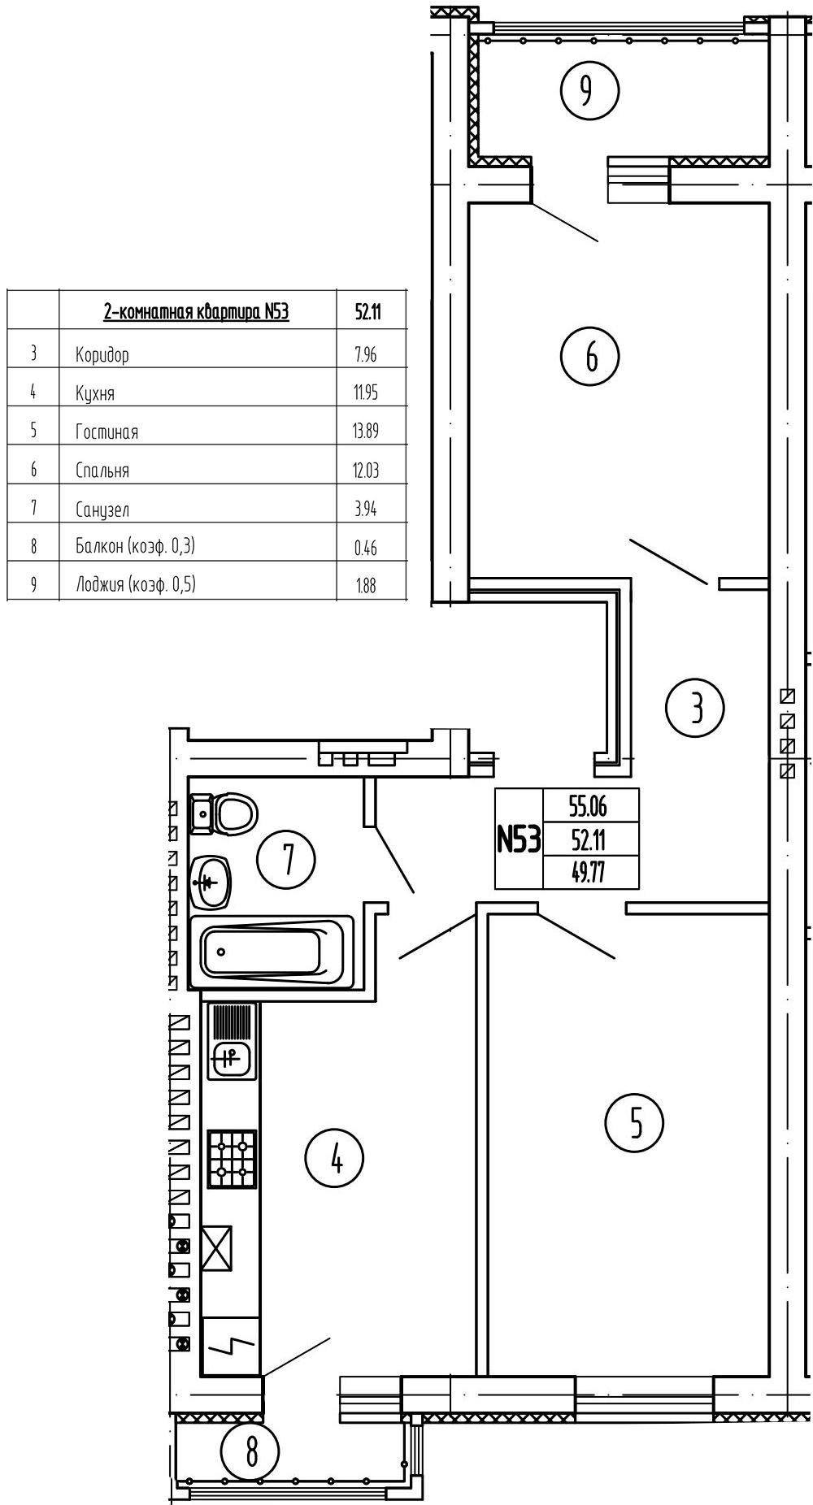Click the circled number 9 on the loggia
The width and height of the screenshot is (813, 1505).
point(590,90)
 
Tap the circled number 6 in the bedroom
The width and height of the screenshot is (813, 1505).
point(590,355)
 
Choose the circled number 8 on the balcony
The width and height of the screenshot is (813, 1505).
point(250,1451)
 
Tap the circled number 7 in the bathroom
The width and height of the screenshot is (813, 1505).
point(286,858)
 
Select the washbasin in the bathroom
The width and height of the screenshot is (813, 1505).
point(211,881)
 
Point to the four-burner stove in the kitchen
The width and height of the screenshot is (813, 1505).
point(232,1159)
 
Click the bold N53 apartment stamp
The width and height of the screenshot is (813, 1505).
point(519,839)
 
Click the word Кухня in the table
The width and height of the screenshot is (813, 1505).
point(95,393)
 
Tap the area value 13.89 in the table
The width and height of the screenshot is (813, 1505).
point(365,432)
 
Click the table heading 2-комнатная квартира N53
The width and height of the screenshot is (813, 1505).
point(196,311)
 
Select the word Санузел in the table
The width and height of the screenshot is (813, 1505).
point(102,510)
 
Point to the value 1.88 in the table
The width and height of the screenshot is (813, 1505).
point(366,585)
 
